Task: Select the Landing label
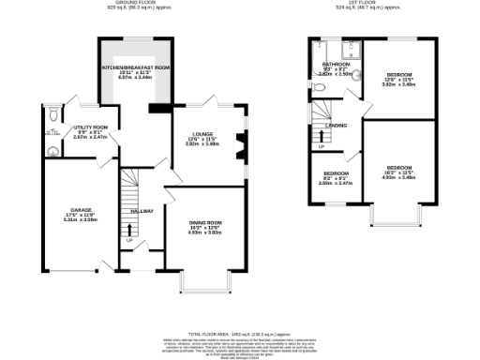pyautogui.click(x=337, y=125)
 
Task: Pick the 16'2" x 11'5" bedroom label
pyautogui.click(x=398, y=171)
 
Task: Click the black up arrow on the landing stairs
pyautogui.click(x=320, y=138)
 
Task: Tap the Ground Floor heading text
pyautogui.click(x=134, y=4)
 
